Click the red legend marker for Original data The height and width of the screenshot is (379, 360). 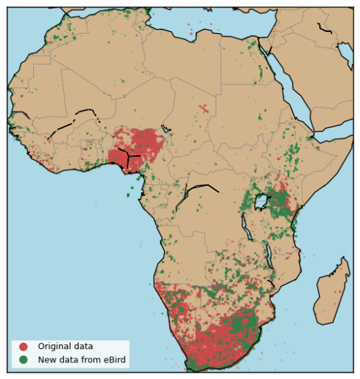coord(24,346)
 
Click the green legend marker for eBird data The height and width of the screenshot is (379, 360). coord(24,359)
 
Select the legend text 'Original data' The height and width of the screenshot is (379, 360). coord(65,346)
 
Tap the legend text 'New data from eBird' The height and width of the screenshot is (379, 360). coord(82,359)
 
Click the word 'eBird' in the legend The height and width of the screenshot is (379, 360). coord(114,359)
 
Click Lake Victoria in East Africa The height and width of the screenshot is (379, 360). coord(262,202)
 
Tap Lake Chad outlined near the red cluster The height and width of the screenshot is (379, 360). coord(165,129)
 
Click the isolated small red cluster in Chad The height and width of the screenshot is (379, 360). coord(203,108)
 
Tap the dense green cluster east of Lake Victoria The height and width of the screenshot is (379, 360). coord(280,204)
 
